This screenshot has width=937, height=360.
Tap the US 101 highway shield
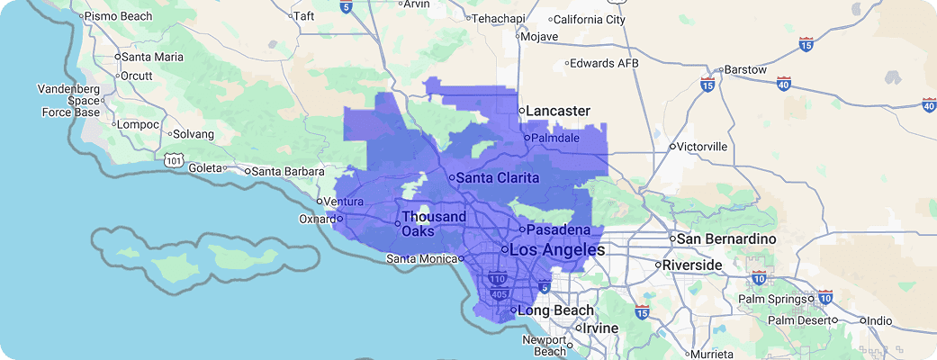point(175,159)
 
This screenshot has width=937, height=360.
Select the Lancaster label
point(558,111)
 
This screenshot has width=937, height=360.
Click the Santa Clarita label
point(497,178)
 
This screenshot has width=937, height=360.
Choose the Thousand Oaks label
point(433,224)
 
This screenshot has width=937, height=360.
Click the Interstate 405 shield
point(499,293)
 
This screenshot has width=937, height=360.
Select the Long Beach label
point(556,311)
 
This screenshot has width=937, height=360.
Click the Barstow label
point(745,69)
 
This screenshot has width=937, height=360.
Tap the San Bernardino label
point(725,239)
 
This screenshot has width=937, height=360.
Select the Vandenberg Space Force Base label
point(68,101)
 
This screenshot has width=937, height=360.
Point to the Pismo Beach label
point(118,16)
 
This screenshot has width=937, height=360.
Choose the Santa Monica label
point(420,259)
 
